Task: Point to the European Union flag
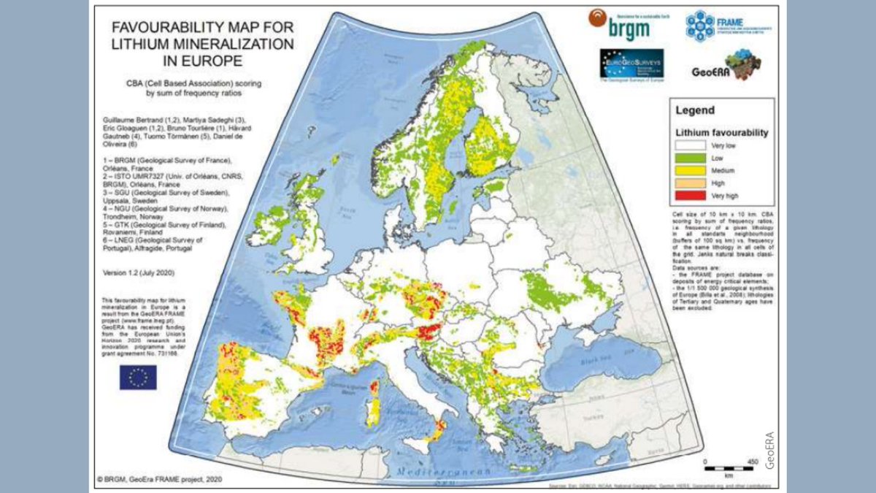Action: (138, 377)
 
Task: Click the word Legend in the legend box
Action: (694, 111)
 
